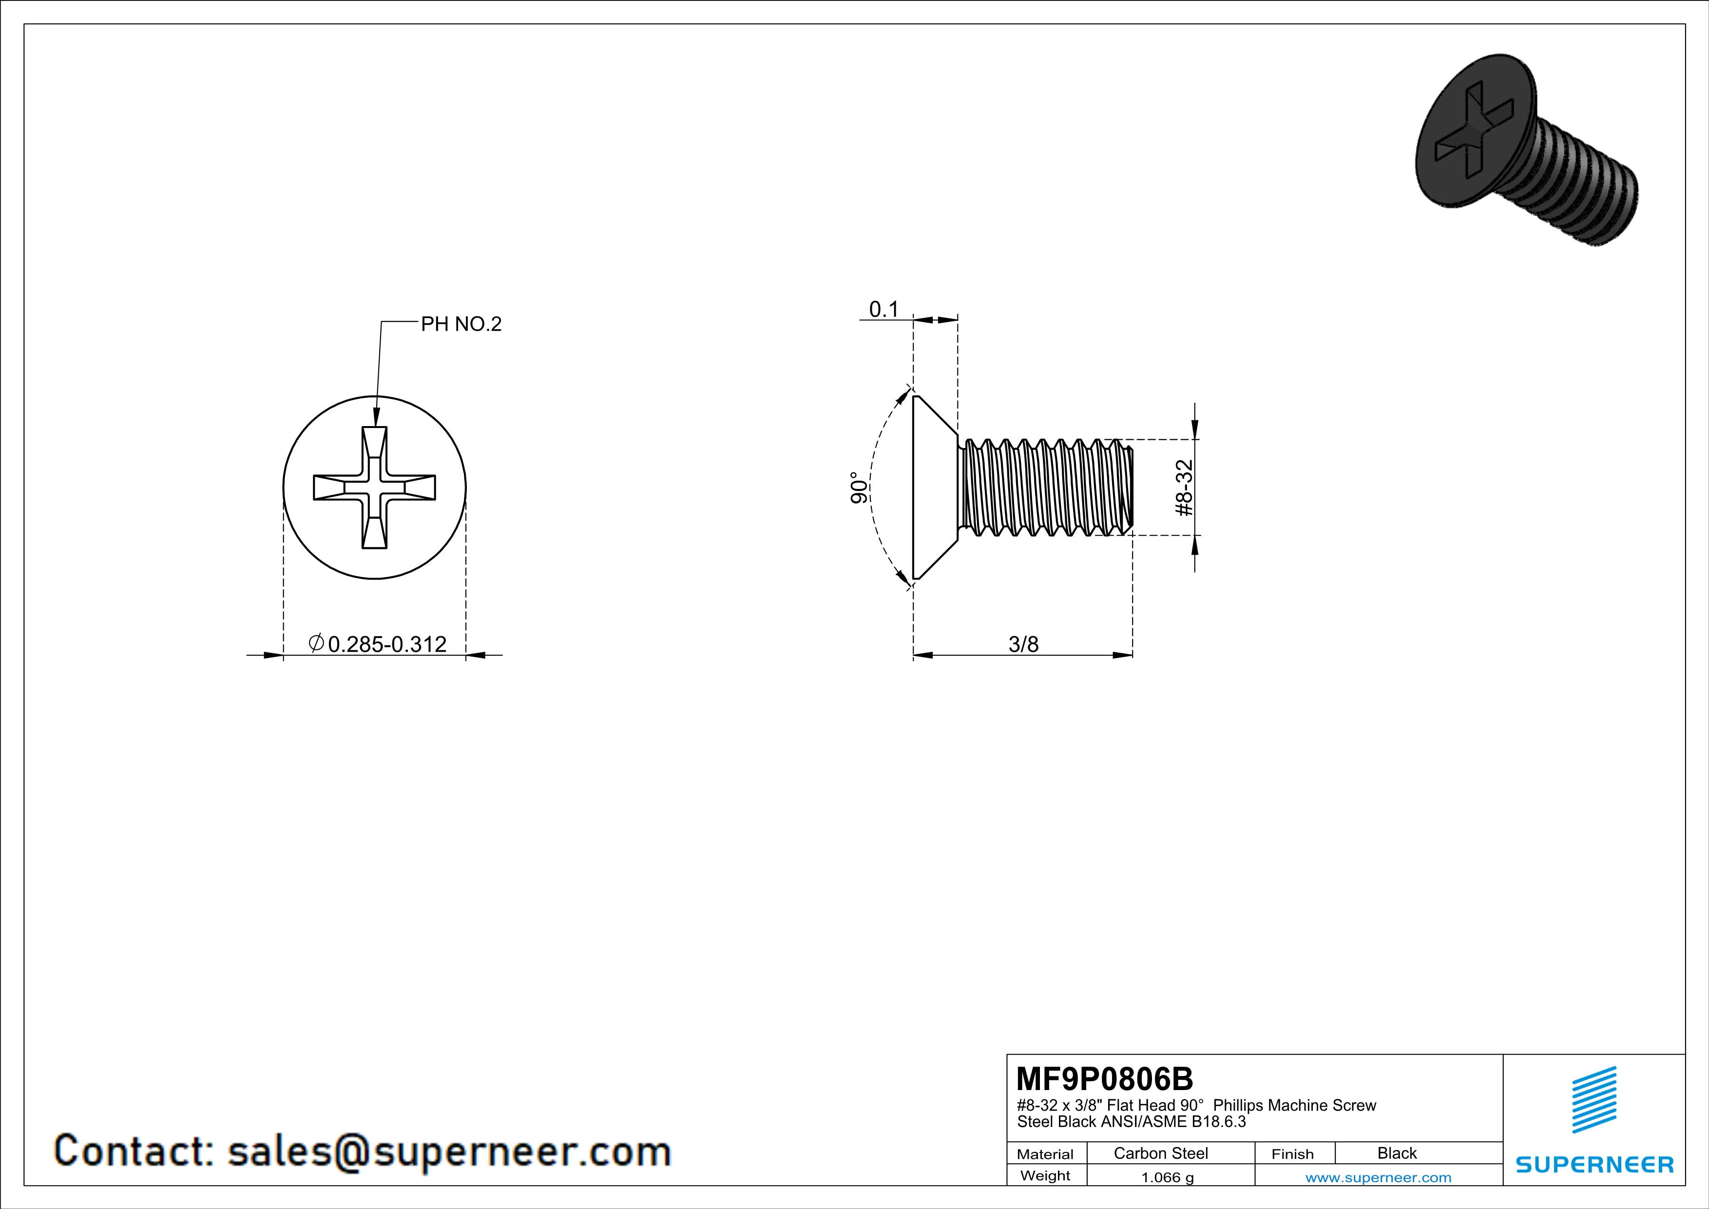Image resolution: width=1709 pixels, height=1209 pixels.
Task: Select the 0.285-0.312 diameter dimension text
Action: tap(387, 644)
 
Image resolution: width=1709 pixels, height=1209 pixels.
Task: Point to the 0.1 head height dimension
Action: tap(883, 309)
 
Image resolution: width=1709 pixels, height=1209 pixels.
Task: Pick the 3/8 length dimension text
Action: tap(1023, 644)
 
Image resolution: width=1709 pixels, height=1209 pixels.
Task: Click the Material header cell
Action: tap(1045, 1154)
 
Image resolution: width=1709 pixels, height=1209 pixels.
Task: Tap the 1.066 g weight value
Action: tap(1167, 1177)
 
